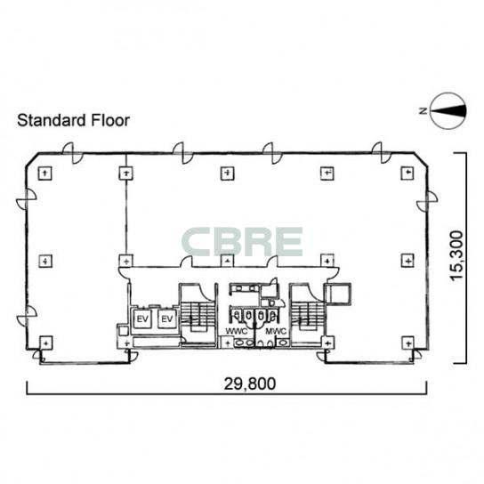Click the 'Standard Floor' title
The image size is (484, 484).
(73, 120)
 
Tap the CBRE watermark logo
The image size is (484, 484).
(242, 242)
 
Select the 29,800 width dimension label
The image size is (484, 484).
(249, 383)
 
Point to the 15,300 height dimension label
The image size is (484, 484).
(456, 255)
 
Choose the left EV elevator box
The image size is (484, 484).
(142, 319)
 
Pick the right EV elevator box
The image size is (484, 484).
(167, 319)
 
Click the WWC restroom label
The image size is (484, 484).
(237, 332)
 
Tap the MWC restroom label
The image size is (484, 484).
(276, 332)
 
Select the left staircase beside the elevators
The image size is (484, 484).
(198, 316)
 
